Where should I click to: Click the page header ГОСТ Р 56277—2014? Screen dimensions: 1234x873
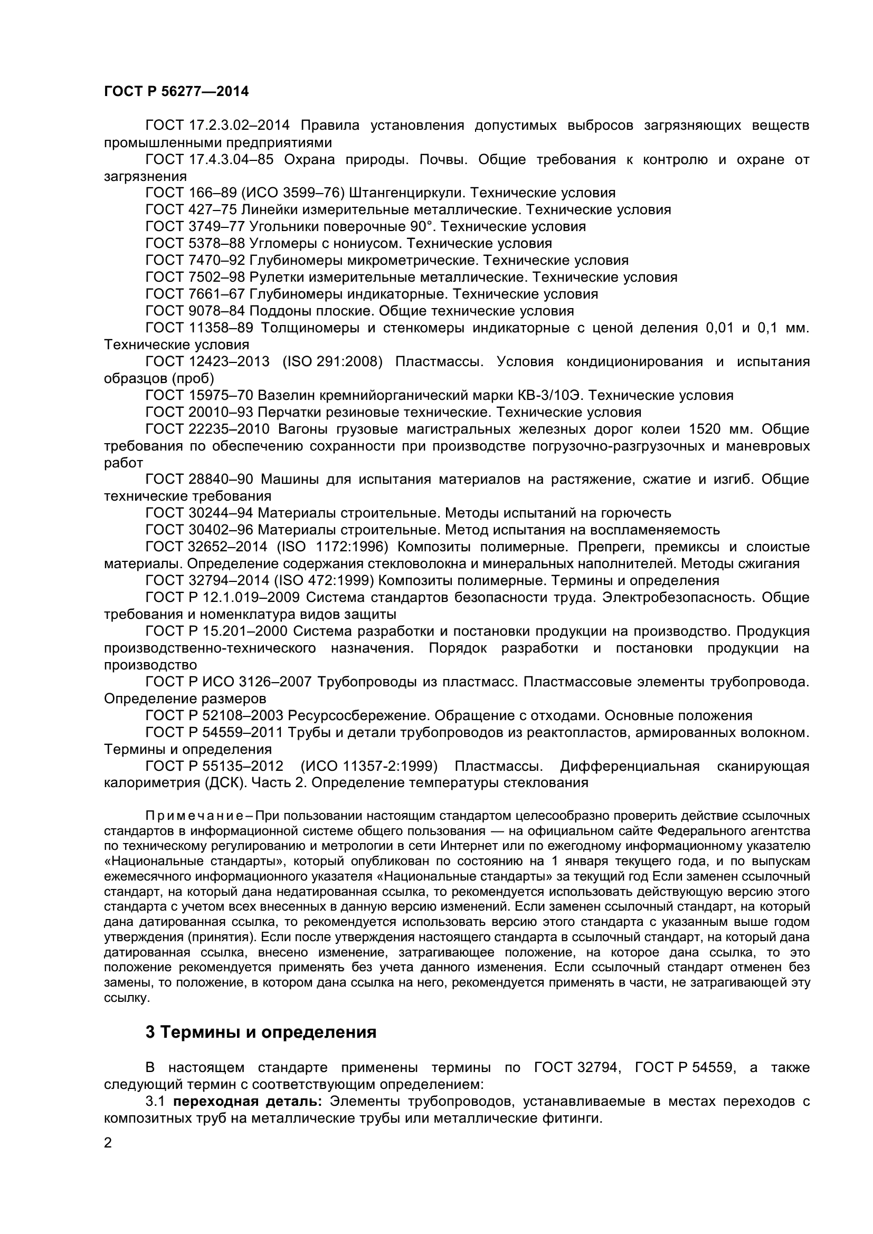pyautogui.click(x=176, y=92)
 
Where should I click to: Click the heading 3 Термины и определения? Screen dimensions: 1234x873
pyautogui.click(x=261, y=1032)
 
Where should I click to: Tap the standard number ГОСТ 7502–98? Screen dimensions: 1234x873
pyautogui.click(x=195, y=278)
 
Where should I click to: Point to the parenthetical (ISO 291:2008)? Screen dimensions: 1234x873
pyautogui.click(x=331, y=362)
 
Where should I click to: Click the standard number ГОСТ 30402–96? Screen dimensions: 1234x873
pyautogui.click(x=199, y=530)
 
